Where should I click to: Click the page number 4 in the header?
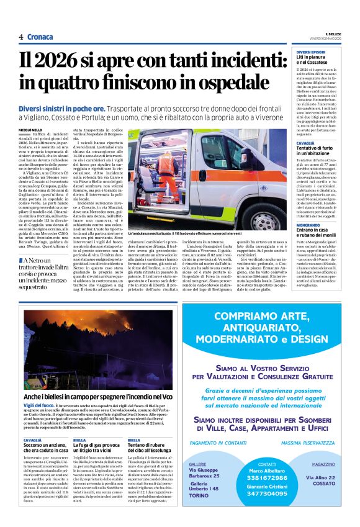[20, 37]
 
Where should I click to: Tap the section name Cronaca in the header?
[40, 37]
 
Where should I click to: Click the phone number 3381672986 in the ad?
[267, 477]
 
